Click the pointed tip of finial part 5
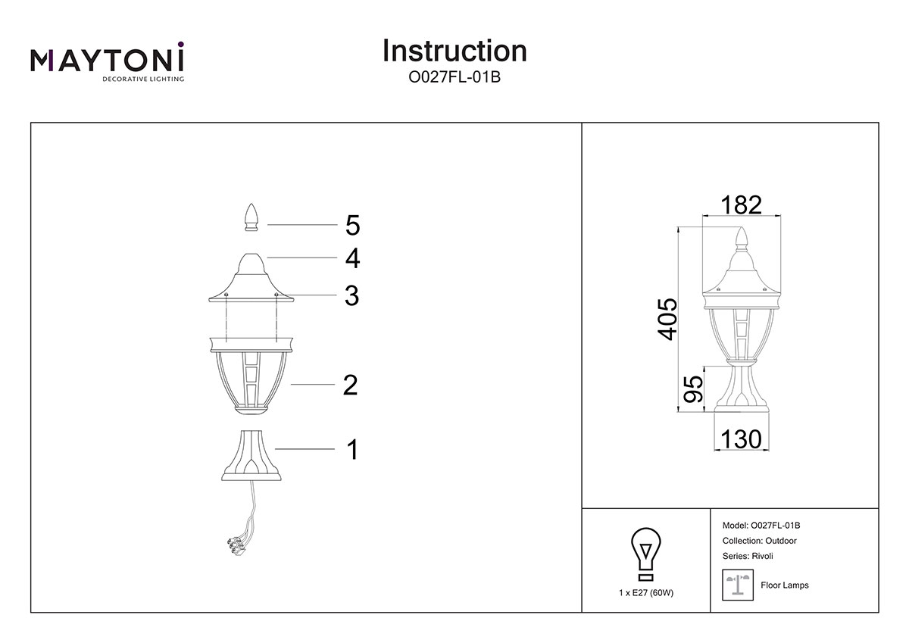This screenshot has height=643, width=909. [251, 204]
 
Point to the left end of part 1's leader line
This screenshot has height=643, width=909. [275, 448]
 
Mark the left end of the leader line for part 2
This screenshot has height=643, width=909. [291, 384]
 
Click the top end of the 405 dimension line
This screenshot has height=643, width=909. [678, 227]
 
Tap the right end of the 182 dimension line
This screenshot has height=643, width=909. [781, 215]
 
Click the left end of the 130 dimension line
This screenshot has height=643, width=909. [714, 450]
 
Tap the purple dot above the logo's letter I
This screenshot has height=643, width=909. [180, 44]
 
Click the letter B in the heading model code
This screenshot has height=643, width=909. [495, 77]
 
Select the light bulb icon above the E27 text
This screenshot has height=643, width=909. [645, 554]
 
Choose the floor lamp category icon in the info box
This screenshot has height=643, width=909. [738, 585]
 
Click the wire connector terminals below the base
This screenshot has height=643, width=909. [237, 545]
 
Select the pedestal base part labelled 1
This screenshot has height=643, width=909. [251, 456]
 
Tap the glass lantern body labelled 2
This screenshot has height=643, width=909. [251, 375]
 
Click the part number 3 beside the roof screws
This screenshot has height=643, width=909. [351, 295]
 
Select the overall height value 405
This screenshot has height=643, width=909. [667, 320]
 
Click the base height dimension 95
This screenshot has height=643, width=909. [693, 389]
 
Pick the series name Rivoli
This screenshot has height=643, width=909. [762, 556]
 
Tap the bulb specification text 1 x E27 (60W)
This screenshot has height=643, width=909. [646, 593]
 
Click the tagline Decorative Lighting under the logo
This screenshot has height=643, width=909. [143, 79]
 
